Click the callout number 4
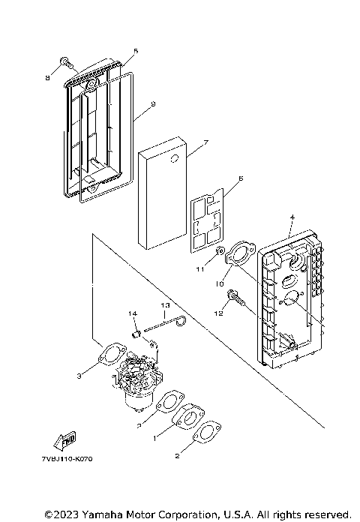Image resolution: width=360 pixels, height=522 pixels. click(x=292, y=218)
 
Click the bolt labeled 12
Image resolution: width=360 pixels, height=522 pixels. click(x=238, y=299)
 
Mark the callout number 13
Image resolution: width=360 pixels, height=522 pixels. click(x=165, y=305)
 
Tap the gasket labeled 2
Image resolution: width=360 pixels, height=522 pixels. click(x=202, y=434)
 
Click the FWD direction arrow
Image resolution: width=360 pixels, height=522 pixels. click(x=65, y=439)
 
